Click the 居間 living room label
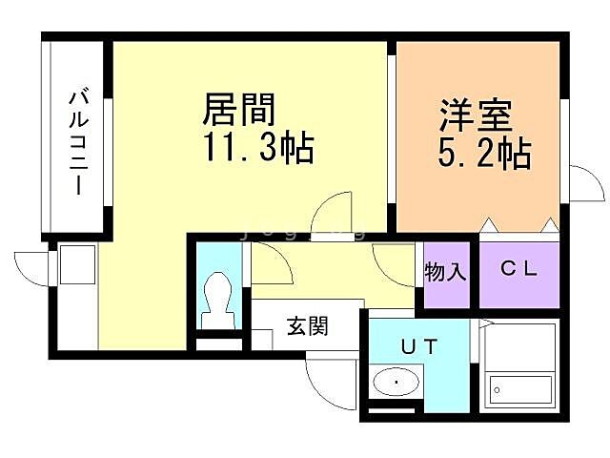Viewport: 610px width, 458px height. [238, 111]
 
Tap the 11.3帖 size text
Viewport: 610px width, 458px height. [256, 150]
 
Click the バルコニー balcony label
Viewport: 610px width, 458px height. [78, 141]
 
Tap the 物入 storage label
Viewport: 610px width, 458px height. [446, 272]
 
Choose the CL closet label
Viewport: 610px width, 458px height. [519, 270]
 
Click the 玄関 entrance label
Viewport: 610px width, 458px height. [307, 327]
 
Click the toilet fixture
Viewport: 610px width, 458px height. [218, 298]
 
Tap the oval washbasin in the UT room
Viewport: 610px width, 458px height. [396, 384]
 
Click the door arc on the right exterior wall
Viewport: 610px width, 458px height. [586, 181]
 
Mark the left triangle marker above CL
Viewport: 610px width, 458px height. [489, 225]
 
